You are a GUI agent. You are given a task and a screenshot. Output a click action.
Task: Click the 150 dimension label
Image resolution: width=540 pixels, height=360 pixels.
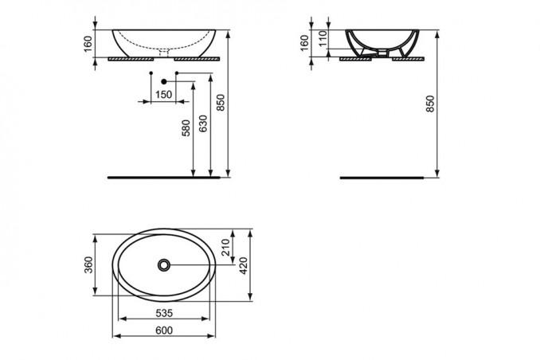[x=163, y=95]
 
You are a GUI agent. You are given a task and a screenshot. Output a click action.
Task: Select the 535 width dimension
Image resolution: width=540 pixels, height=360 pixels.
[x=165, y=312]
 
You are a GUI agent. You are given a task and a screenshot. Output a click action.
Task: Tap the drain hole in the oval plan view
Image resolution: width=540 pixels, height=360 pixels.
[x=164, y=263]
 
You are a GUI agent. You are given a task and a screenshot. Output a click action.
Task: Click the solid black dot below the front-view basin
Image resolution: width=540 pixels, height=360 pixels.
[x=164, y=80]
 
